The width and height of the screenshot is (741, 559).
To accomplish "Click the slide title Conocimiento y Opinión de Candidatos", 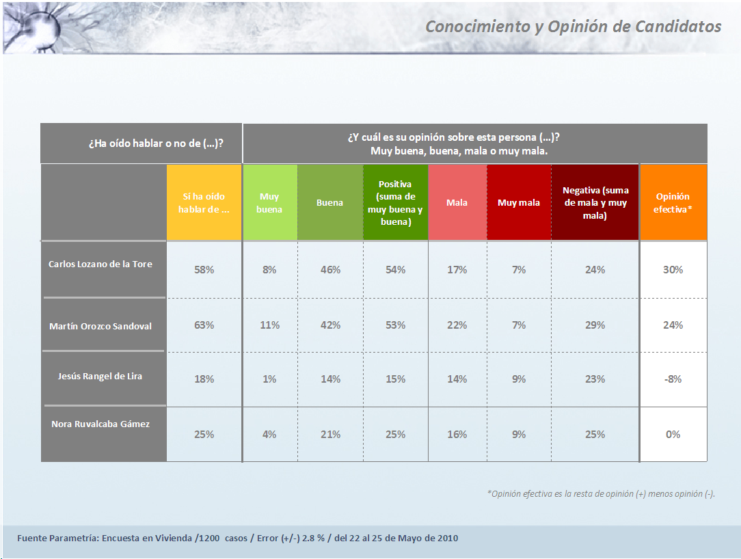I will [x=573, y=27].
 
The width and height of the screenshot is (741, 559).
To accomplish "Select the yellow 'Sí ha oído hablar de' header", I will [x=204, y=203].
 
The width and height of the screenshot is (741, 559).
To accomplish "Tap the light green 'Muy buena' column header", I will [x=269, y=203].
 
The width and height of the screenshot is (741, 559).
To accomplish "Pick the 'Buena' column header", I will [x=329, y=203].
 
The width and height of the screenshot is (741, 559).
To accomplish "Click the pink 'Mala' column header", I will [x=457, y=203].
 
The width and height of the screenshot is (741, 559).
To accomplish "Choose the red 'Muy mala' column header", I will [x=519, y=203].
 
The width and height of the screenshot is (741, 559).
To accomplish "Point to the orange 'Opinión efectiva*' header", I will [x=673, y=203].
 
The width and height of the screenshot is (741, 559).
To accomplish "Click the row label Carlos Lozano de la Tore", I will [x=100, y=264].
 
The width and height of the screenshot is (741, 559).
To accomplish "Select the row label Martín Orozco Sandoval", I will [x=100, y=326].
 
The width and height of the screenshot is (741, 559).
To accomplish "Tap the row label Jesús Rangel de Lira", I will [x=100, y=377].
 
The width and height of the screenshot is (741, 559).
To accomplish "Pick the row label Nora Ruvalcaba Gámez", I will [x=100, y=424].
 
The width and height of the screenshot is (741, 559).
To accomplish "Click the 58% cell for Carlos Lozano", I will [x=204, y=270].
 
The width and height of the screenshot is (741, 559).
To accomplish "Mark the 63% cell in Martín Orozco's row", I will [x=204, y=325].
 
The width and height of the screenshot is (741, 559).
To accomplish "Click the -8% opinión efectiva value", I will [x=673, y=379].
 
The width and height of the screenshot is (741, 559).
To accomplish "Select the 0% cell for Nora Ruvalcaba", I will [x=673, y=435].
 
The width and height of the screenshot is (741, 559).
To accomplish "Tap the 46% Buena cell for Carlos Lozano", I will [x=329, y=270].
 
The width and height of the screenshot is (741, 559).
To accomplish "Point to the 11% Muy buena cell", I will [x=269, y=325].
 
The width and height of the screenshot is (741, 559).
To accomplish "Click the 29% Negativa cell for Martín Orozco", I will [x=595, y=325].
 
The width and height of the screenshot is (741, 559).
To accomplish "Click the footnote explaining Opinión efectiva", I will [x=601, y=493].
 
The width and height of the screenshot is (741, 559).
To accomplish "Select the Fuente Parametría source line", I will [x=238, y=538].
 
